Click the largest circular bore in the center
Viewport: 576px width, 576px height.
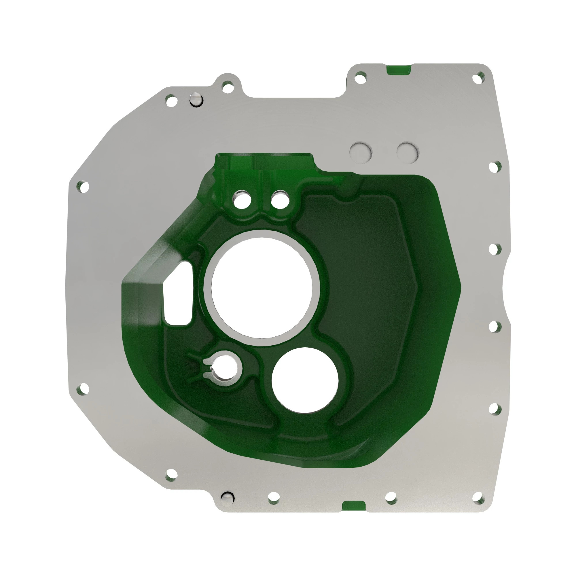pyautogui.click(x=262, y=288)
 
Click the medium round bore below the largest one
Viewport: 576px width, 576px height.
pyautogui.click(x=305, y=380)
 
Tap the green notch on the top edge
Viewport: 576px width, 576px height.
pyautogui.click(x=399, y=69)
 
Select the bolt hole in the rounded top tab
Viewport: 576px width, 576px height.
pyautogui.click(x=228, y=87)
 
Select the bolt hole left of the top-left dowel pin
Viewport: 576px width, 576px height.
pyautogui.click(x=171, y=101)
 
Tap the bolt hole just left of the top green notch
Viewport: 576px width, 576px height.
pyautogui.click(x=361, y=78)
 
